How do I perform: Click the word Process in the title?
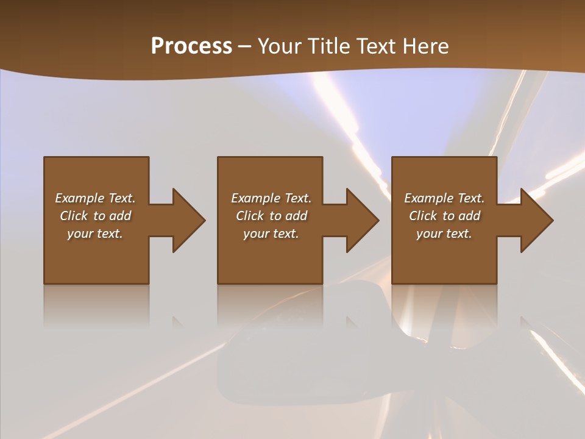(191, 46)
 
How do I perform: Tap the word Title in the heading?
(328, 46)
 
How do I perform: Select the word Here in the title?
(426, 46)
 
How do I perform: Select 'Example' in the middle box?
(255, 198)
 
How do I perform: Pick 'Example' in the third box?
(428, 198)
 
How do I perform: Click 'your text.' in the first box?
(95, 234)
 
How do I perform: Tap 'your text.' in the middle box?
(271, 234)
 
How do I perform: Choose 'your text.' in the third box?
(444, 234)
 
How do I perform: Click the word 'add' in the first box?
(120, 216)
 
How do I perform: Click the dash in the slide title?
(245, 46)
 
